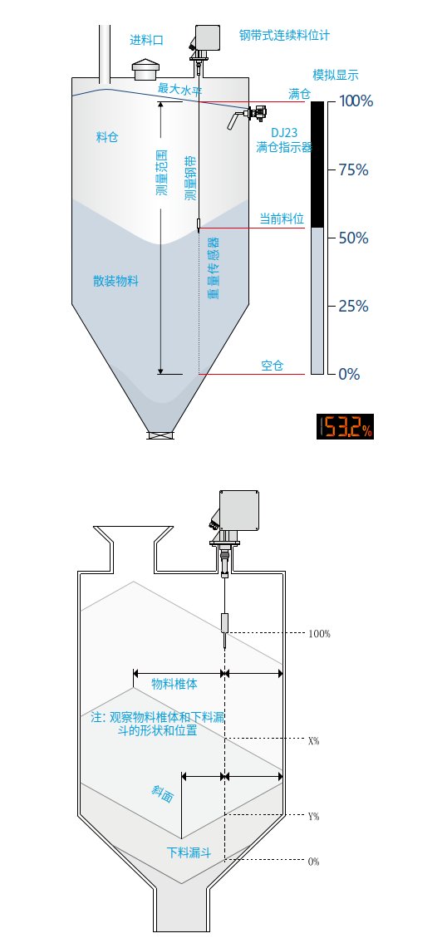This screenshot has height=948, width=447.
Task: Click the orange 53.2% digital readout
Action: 345,426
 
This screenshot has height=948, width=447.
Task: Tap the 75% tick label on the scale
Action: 354,169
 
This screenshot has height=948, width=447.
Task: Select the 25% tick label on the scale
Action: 354,307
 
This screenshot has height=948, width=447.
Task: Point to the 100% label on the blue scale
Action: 356,101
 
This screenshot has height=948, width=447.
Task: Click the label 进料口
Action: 147,41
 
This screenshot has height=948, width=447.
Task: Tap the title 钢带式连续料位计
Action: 283,35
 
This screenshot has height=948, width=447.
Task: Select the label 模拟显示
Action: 336,75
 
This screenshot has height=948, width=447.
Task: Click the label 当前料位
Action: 282,219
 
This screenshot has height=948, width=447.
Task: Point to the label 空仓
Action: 273,366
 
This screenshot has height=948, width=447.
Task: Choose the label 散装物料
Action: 115,281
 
